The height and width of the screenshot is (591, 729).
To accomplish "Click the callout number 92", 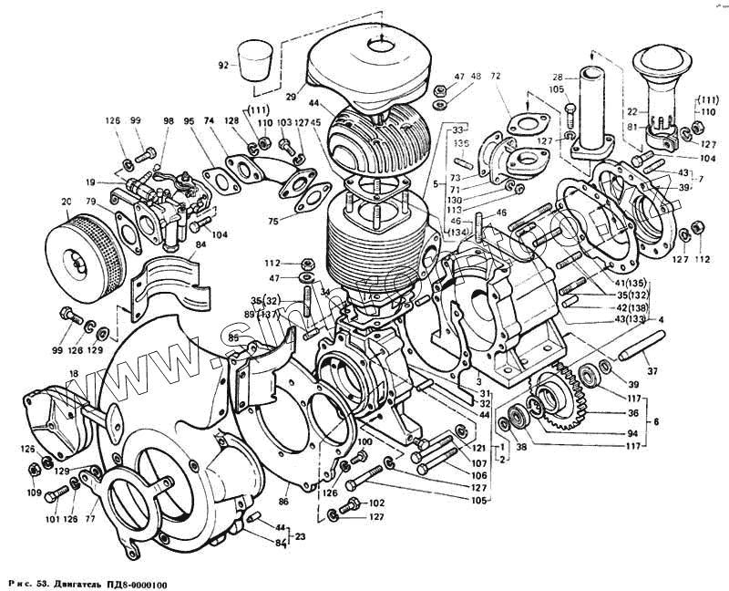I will (222, 65).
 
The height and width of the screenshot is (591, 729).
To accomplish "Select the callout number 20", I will (65, 202).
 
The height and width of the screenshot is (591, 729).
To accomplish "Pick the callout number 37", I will (652, 371).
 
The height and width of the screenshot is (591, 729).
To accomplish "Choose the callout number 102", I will (375, 503).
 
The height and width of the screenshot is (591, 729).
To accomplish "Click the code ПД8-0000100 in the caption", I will (133, 583).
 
